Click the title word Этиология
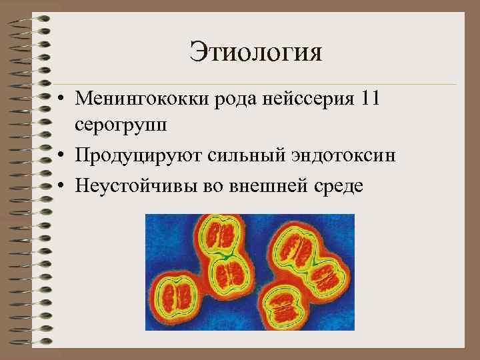pos(255,51)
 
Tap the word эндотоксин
pos(346,155)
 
